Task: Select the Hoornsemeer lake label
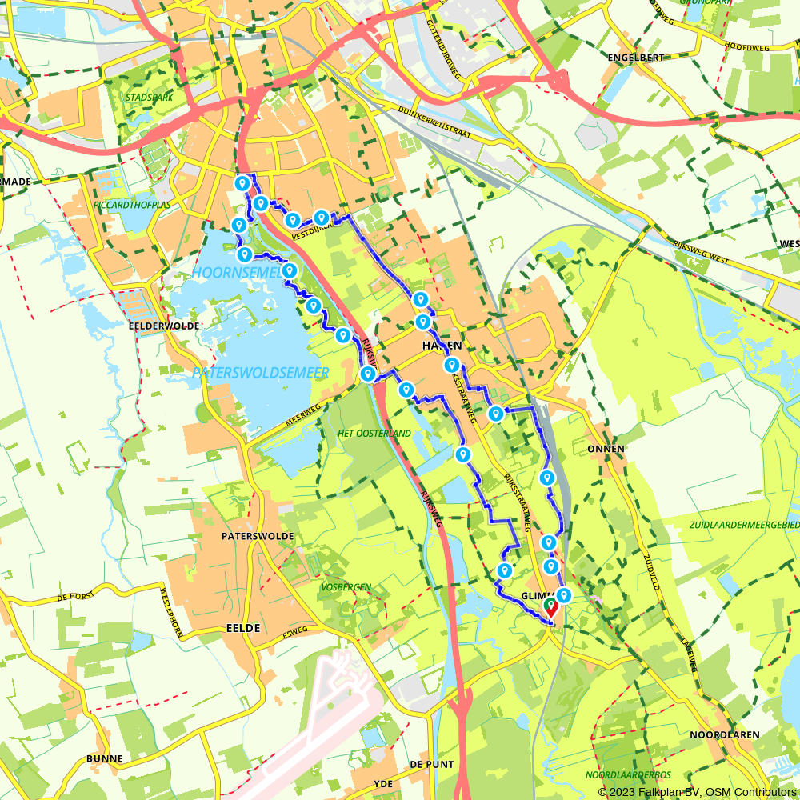click(237, 274)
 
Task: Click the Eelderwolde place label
click(163, 326)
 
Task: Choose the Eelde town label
click(243, 628)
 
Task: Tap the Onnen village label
click(606, 449)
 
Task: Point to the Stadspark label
click(149, 98)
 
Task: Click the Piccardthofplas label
click(132, 204)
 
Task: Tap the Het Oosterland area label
click(374, 434)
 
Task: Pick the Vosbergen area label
click(346, 587)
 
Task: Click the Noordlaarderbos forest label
click(628, 774)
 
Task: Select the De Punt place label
click(432, 765)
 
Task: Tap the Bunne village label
click(106, 758)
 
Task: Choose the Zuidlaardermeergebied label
click(744, 525)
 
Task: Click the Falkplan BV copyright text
click(697, 791)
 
